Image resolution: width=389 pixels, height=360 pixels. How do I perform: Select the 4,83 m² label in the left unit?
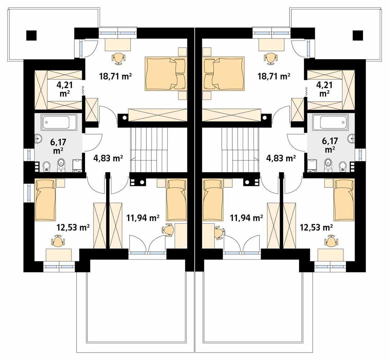tap(108, 158)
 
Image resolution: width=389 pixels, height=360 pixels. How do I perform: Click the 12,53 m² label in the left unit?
tap(73, 227)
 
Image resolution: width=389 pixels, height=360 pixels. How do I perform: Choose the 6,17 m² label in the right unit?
tap(329, 144)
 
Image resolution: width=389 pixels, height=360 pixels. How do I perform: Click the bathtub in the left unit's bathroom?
tap(56, 122)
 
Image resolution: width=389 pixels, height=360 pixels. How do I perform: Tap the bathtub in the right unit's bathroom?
tap(334, 122)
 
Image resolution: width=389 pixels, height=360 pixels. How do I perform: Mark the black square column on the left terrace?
tap(31, 35)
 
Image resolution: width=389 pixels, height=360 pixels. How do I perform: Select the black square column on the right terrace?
tap(358, 35)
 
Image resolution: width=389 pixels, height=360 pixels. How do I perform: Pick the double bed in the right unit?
tap(223, 73)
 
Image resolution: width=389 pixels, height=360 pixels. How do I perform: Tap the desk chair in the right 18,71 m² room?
tap(271, 58)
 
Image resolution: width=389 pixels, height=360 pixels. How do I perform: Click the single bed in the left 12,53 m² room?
tap(45, 200)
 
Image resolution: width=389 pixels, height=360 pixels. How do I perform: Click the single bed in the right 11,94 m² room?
tap(213, 200)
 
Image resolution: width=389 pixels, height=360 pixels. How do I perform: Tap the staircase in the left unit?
tap(149, 150)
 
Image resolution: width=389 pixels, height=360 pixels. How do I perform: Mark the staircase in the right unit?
tap(240, 150)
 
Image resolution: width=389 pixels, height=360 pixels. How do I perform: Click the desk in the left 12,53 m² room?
tap(59, 255)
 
